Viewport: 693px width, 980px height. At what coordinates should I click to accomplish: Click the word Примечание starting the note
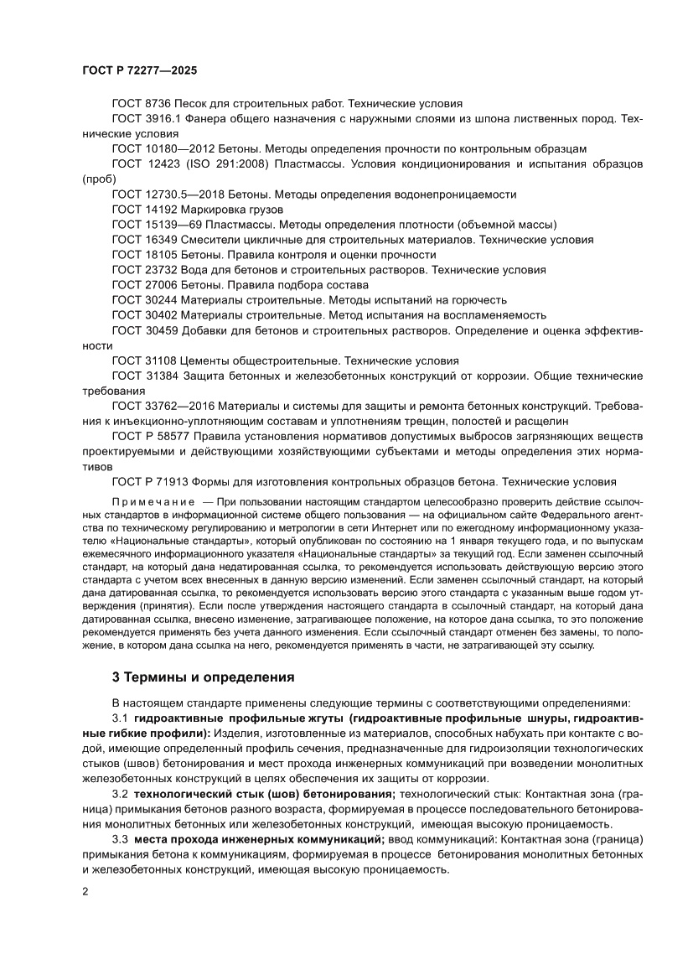tap(147, 502)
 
